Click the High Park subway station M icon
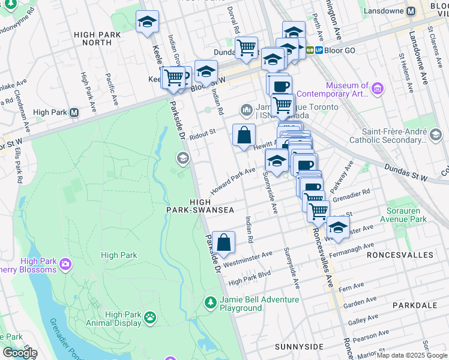[74, 112]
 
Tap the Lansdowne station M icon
[411, 11]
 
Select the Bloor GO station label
[340, 50]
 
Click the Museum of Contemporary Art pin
[377, 90]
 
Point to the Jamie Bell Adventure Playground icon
[210, 302]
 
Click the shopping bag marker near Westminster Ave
[223, 243]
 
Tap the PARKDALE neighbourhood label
[414, 305]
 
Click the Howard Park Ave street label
[233, 181]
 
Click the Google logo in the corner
[20, 353]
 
